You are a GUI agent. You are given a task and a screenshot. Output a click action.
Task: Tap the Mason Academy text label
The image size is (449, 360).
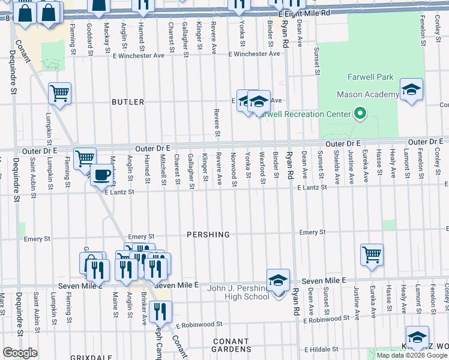click(x=367, y=94)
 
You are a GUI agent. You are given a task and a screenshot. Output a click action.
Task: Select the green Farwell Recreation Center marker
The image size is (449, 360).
click(x=360, y=113)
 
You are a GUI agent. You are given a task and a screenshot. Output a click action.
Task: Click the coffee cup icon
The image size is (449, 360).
click(x=101, y=175)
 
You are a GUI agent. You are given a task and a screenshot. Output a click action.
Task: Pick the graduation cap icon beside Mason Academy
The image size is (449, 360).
click(x=411, y=90)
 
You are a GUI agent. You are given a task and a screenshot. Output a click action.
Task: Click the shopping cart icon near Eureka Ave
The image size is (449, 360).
click(x=372, y=254)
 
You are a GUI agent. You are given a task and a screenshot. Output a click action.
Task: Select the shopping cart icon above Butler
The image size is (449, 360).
click(x=59, y=93)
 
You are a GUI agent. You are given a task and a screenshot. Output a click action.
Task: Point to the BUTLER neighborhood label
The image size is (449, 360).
click(x=128, y=102)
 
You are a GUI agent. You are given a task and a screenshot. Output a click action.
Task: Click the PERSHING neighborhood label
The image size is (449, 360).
click(x=208, y=235)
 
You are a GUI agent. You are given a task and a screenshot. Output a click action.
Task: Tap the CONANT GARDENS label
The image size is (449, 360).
click(x=231, y=345)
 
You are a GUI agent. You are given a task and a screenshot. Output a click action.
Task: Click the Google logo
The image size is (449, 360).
click(x=20, y=352)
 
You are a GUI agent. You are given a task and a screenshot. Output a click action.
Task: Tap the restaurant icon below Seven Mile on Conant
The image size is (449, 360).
click(x=160, y=311)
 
